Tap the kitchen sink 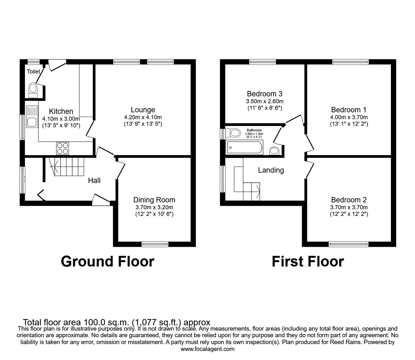tap(32, 117)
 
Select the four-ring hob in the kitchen tap(62, 148)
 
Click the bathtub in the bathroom tap(245, 147)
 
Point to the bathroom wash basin tap(274, 151)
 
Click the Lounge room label tap(143, 110)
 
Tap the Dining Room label tap(154, 200)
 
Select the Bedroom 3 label tap(264, 94)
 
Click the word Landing tap(271, 170)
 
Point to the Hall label tap(94, 180)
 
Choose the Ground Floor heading tap(107, 261)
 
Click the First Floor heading tap(307, 261)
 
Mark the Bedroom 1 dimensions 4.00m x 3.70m tap(349, 117)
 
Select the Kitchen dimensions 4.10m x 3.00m tap(61, 119)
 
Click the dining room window tap(155, 244)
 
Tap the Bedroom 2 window tap(348, 244)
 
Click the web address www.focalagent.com tap(207, 349)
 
